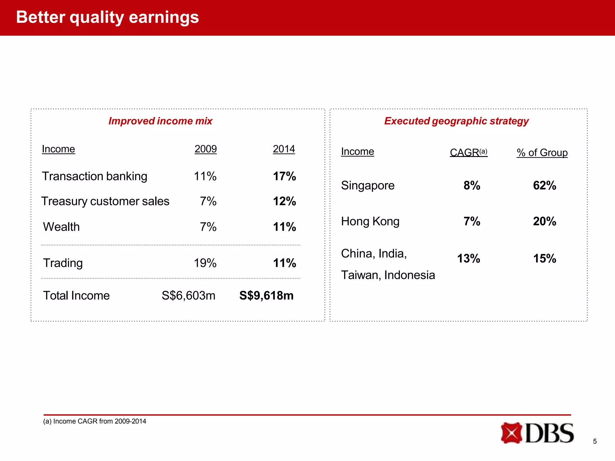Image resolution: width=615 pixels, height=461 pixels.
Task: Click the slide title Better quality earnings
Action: pyautogui.click(x=107, y=17)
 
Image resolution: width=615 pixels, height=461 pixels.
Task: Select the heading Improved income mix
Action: pyautogui.click(x=160, y=121)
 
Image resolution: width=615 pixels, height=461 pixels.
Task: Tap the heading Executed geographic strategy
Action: pyautogui.click(x=456, y=121)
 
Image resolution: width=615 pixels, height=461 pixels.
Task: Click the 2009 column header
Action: pyautogui.click(x=205, y=149)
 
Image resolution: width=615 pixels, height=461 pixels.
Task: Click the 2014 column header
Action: pyautogui.click(x=284, y=149)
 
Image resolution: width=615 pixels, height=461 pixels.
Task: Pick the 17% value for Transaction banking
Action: pyautogui.click(x=284, y=176)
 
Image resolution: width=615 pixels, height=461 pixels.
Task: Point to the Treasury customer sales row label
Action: pyautogui.click(x=105, y=201)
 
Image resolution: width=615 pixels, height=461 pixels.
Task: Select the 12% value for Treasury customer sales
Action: pyautogui.click(x=284, y=201)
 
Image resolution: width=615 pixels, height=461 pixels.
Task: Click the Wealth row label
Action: pyautogui.click(x=61, y=227)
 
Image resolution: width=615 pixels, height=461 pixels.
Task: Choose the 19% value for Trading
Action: pyautogui.click(x=205, y=263)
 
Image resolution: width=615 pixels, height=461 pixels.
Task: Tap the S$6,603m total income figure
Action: pyautogui.click(x=188, y=296)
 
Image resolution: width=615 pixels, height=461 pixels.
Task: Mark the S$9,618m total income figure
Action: pyautogui.click(x=266, y=296)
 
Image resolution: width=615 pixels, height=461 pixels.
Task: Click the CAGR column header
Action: pyautogui.click(x=468, y=152)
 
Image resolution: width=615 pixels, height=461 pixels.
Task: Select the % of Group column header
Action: pyautogui.click(x=542, y=153)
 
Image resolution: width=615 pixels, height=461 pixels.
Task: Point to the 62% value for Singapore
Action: pyautogui.click(x=544, y=185)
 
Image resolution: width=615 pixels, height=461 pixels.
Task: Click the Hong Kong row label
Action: pyautogui.click(x=370, y=221)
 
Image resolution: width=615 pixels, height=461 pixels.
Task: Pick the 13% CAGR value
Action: pyautogui.click(x=468, y=258)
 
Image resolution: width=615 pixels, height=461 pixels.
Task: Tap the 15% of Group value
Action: pyautogui.click(x=544, y=258)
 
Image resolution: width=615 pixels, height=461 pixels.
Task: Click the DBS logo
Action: pyautogui.click(x=537, y=433)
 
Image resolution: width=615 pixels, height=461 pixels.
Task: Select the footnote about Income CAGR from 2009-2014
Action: pyautogui.click(x=95, y=421)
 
